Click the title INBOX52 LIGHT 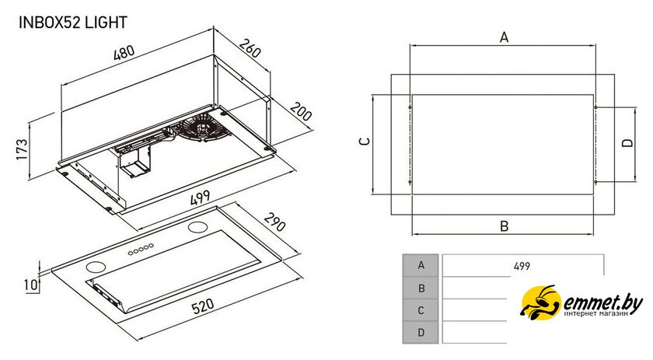pos(73,22)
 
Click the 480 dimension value pos(124,53)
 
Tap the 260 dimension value pos(250,48)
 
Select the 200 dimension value pos(301,111)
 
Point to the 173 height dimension pos(22,149)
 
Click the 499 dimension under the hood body pos(201,197)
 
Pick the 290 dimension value pos(275,222)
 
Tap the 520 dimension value pos(203,306)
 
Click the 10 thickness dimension pos(30,285)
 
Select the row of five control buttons pos(141,250)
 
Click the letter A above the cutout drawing pos(504,37)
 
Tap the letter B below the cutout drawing pos(504,226)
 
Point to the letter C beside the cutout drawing pos(365,142)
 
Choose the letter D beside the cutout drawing pos(627,143)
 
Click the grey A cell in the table pos(421,265)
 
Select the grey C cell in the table pos(421,310)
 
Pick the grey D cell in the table pos(421,333)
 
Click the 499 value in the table pos(522,266)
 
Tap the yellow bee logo pos(540,301)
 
